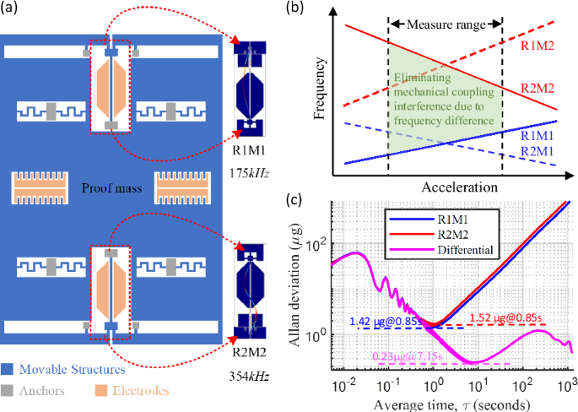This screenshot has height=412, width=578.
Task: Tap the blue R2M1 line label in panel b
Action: point(538,150)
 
